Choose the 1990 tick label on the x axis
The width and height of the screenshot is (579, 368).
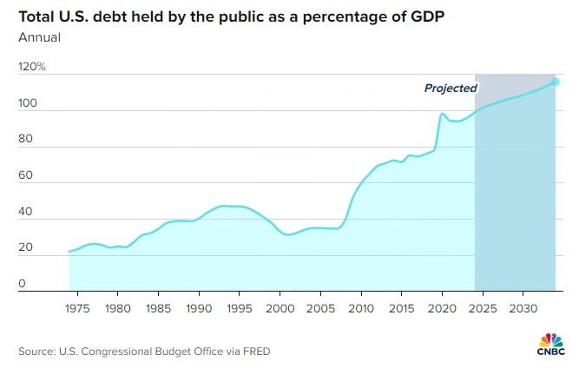click(200, 308)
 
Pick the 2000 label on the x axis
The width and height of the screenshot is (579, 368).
click(280, 308)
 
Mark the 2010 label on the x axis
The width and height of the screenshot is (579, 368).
click(359, 308)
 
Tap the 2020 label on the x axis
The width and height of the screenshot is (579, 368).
click(442, 308)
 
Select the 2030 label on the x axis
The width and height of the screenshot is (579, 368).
click(521, 308)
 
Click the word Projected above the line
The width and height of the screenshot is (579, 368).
click(451, 88)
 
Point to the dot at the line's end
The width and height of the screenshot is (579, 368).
click(556, 82)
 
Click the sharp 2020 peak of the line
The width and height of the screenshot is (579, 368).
click(443, 113)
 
